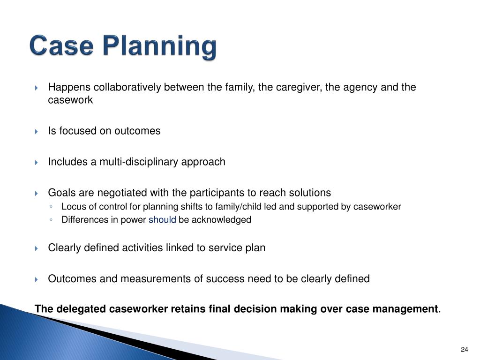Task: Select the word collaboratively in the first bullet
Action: [127, 88]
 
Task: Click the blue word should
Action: [162, 220]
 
